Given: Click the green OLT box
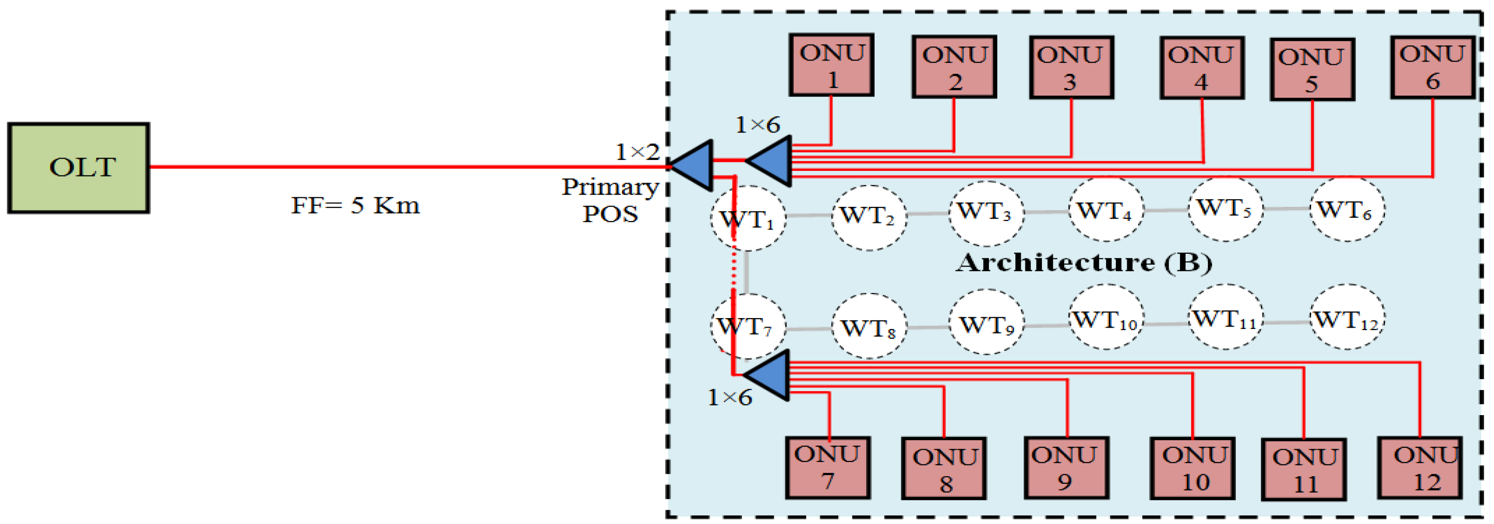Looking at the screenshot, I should [x=78, y=168].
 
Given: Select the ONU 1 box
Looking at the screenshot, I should [x=831, y=65].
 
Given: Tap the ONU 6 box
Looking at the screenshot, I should [x=1432, y=67].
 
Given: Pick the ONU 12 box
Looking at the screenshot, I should [x=1419, y=468].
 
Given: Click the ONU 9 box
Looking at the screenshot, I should [x=1066, y=468].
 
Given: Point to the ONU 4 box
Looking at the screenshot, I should [x=1202, y=68].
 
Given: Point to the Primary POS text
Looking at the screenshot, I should [x=610, y=200].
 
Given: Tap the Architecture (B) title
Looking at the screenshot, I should [x=1083, y=263].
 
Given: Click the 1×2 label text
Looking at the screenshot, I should [x=637, y=152].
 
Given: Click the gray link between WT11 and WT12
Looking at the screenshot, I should [x=1286, y=322].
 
